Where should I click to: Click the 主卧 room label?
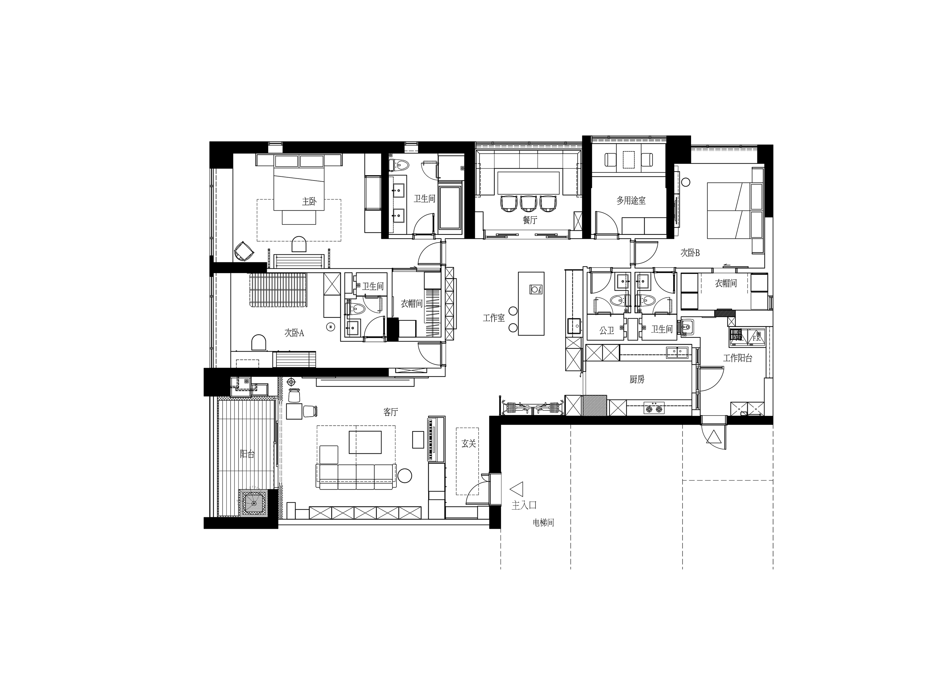309,201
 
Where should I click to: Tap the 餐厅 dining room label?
530,220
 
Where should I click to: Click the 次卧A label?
294,333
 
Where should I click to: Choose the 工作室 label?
494,318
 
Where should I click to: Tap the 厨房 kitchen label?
637,379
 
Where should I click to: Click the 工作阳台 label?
738,358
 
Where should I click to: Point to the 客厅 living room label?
391,412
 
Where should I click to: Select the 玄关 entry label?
469,444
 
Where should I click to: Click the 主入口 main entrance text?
524,505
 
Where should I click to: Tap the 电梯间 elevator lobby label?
543,523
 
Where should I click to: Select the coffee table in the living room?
365,442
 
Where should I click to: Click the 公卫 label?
606,331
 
